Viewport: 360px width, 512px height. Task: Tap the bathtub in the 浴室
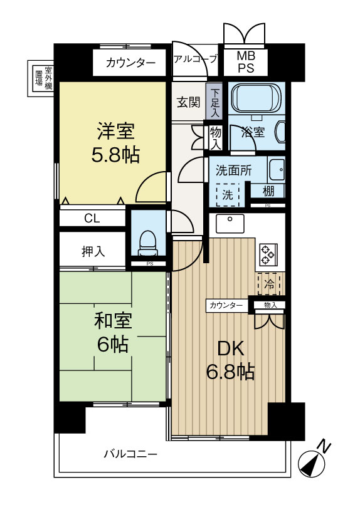pyautogui.click(x=255, y=98)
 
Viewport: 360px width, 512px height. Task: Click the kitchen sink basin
pyautogui.click(x=230, y=223)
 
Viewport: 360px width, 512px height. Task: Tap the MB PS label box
pyautogui.click(x=245, y=62)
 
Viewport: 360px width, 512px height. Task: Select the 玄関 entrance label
pyautogui.click(x=187, y=102)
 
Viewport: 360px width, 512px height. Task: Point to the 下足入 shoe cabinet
pyautogui.click(x=214, y=102)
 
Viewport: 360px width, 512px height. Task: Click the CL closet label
pyautogui.click(x=92, y=218)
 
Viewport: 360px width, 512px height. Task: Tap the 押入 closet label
pyautogui.click(x=93, y=251)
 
